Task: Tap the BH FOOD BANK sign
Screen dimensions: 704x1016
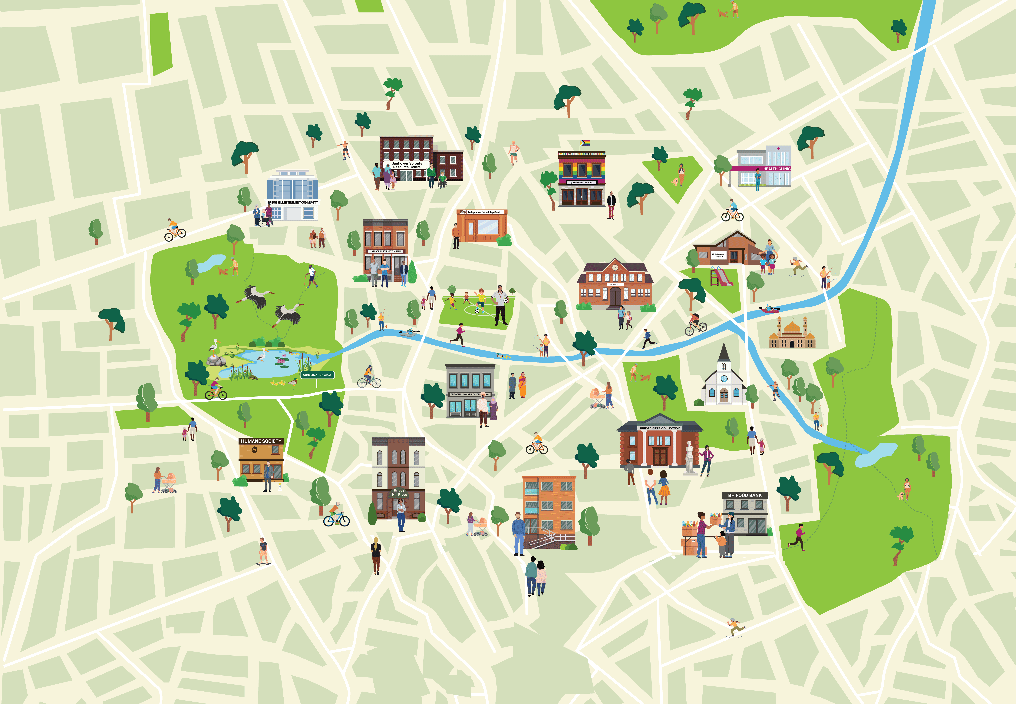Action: point(745,495)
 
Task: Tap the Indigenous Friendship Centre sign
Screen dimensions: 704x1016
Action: point(485,212)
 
